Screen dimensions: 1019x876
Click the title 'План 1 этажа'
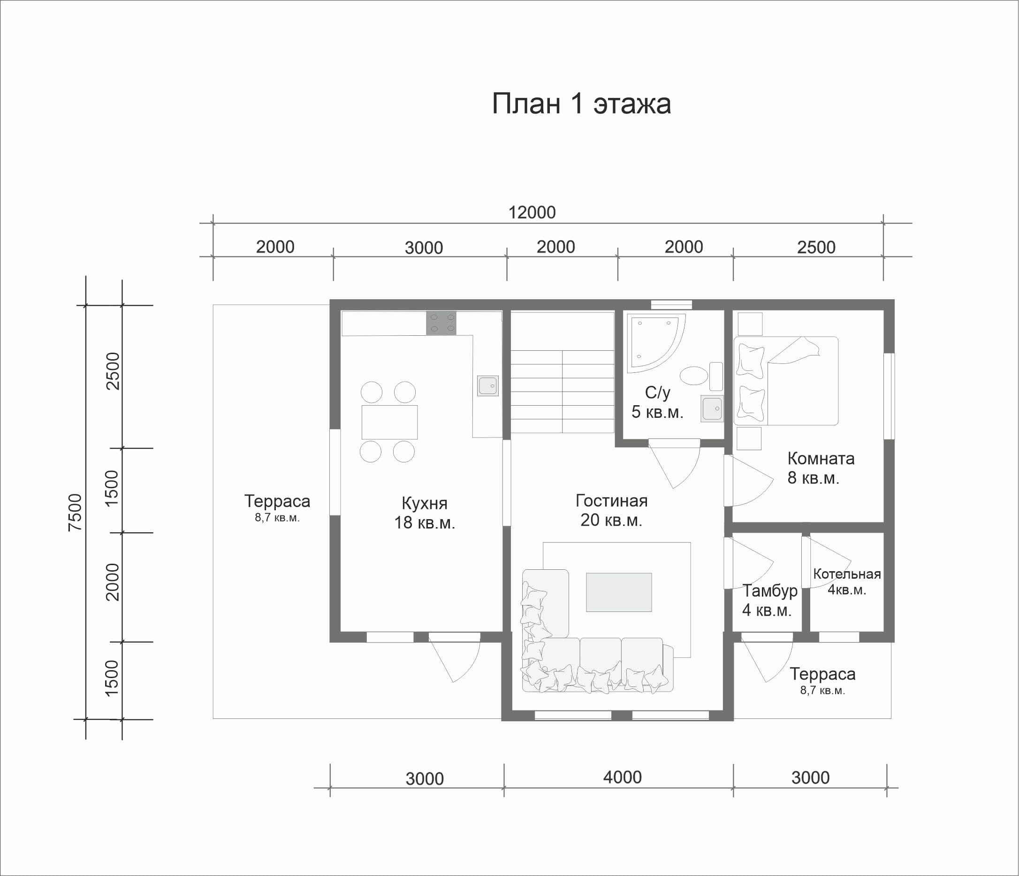581,104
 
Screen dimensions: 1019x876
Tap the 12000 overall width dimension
532,212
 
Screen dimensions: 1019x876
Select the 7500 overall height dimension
75,513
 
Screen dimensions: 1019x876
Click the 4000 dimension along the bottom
622,777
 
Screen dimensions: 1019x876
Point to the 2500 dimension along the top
816,247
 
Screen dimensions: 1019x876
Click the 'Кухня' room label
425,503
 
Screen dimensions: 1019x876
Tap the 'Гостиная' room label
611,500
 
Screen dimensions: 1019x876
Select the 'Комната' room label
821,459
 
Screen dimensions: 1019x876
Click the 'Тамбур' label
770,590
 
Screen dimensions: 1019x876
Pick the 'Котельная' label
847,574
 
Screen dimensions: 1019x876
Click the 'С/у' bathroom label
658,393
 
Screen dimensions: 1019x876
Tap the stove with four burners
441,323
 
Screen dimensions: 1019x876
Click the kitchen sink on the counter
487,386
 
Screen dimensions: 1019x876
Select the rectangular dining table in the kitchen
389,422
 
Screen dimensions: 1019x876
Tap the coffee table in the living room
619,592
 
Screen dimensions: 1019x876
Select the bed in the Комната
786,380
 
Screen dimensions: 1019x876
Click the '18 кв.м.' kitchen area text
425,522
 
